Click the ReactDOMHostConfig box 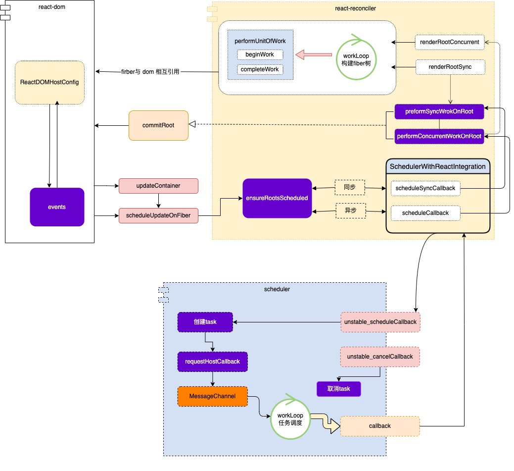click(49, 82)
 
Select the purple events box click(57, 207)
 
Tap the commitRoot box click(158, 125)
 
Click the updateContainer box click(158, 186)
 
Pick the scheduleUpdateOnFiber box click(158, 215)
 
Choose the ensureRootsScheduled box click(277, 198)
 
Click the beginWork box click(260, 54)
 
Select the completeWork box click(260, 69)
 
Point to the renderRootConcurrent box click(449, 42)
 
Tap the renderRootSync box click(449, 67)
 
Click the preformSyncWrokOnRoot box click(439, 112)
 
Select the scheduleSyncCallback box click(425, 188)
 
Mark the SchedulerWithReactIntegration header click(438, 166)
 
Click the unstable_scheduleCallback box click(380, 322)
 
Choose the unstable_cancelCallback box click(380, 357)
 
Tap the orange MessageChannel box click(212, 396)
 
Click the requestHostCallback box click(212, 362)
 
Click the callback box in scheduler click(380, 426)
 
